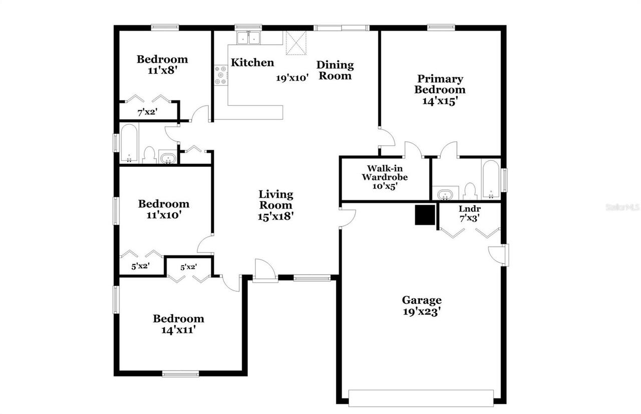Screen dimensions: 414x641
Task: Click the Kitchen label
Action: click(252, 63)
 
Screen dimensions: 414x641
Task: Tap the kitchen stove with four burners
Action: click(221, 75)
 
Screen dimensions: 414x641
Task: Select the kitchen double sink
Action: click(249, 38)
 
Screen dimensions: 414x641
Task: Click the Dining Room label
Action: click(335, 70)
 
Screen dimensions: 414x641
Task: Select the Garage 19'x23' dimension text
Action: click(422, 311)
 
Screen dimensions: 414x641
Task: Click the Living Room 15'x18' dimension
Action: click(276, 217)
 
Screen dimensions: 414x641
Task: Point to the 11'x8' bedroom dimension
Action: click(162, 70)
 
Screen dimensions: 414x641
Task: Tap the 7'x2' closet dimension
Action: click(148, 113)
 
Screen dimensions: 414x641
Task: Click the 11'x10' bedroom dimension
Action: click(164, 215)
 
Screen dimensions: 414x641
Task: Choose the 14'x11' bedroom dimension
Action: click(178, 330)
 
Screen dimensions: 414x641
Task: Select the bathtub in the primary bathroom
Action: click(491, 179)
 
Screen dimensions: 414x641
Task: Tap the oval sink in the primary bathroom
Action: click(445, 194)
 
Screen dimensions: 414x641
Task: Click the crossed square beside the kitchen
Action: click(295, 43)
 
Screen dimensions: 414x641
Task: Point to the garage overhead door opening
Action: click(420, 398)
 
